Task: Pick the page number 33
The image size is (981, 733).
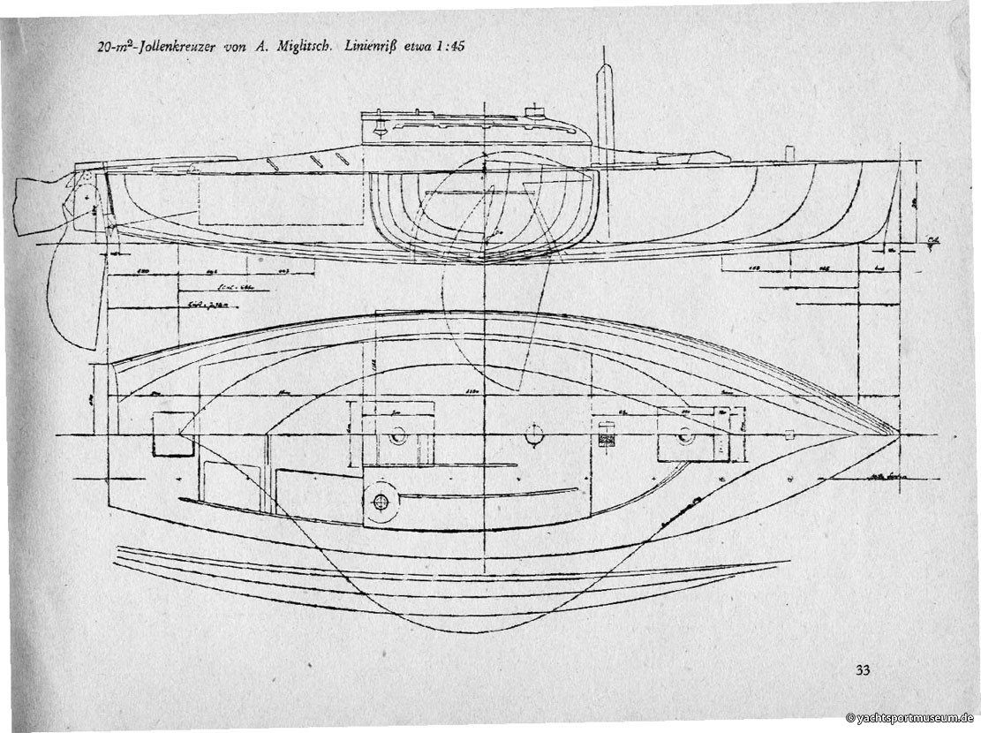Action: pos(863,669)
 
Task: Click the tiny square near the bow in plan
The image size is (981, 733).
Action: pos(789,434)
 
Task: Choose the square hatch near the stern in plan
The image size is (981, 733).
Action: pos(172,434)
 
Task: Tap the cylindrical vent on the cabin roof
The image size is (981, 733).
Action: pos(532,112)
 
